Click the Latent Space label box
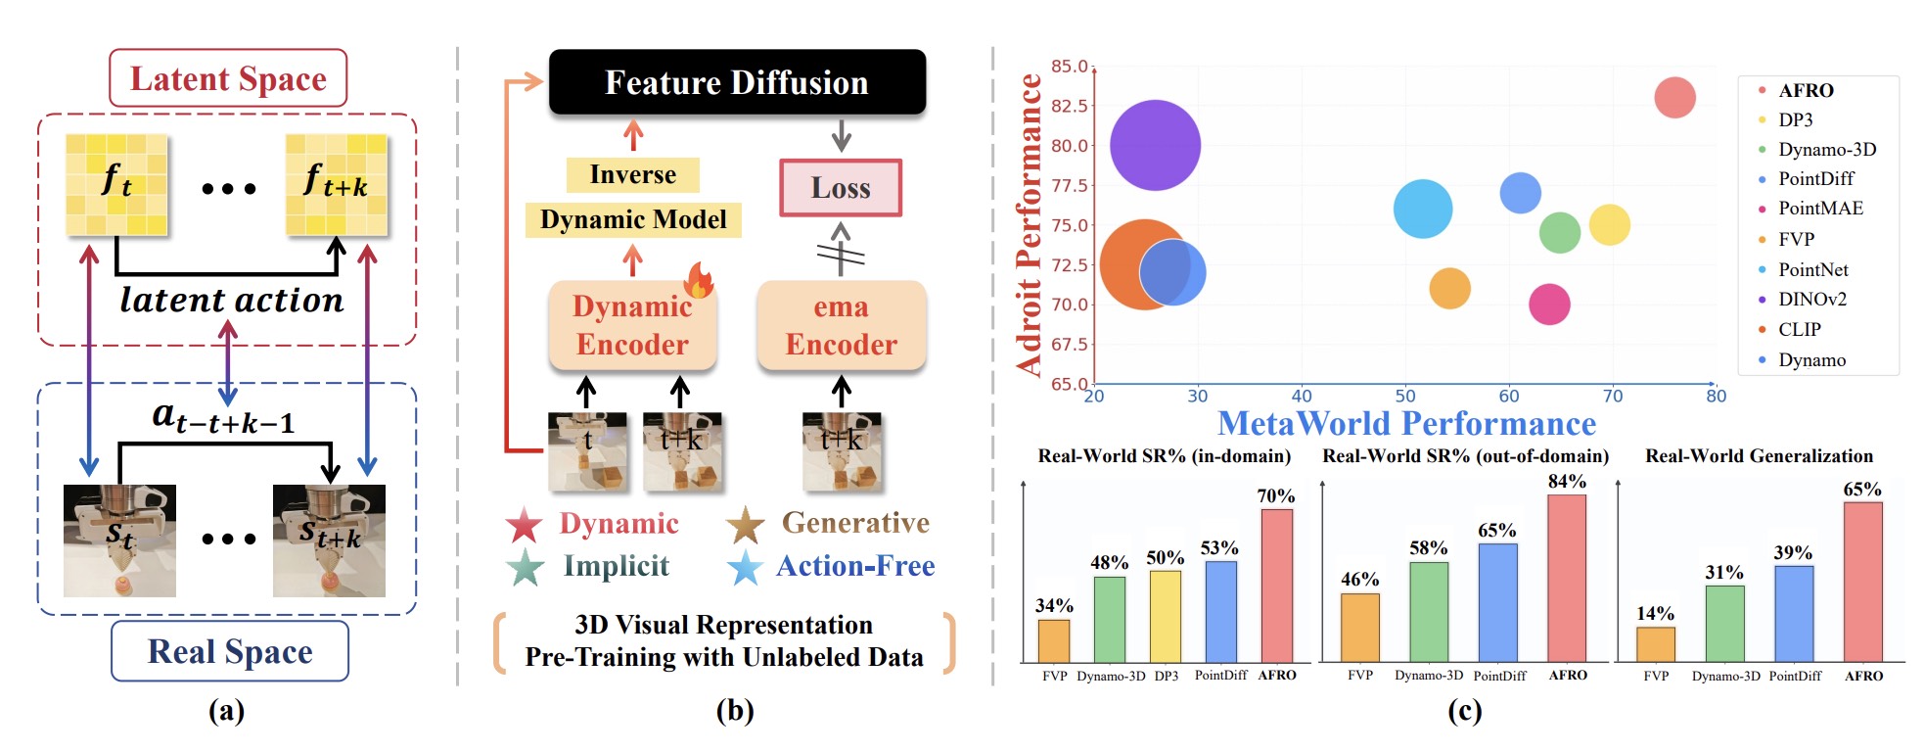228,78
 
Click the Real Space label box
230,651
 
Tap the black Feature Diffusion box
737,82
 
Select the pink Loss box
841,188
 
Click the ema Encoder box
841,326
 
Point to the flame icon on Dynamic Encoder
699,280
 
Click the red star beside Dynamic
525,525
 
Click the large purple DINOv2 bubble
1155,145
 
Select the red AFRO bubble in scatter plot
1674,98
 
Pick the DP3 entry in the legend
1795,119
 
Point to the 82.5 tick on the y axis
1069,106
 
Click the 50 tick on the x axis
1405,397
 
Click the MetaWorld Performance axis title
1406,424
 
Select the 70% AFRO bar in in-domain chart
1276,586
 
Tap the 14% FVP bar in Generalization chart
1655,644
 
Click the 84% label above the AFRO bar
1567,482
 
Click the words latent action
232,301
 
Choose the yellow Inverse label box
632,175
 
